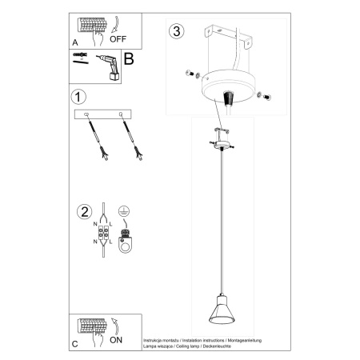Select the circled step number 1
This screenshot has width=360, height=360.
(x=78, y=98)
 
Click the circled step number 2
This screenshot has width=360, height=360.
(x=81, y=212)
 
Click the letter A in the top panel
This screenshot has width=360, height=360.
(x=75, y=39)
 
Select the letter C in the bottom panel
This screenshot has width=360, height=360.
(x=75, y=344)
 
